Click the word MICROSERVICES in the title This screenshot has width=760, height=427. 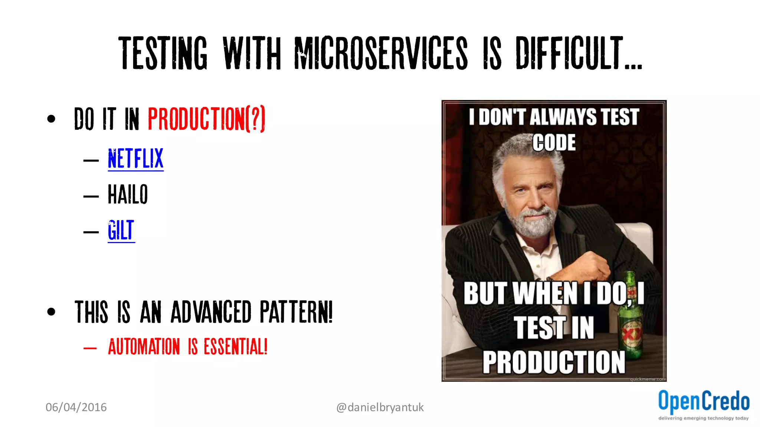(x=381, y=53)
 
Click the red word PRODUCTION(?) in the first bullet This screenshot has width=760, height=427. (x=206, y=119)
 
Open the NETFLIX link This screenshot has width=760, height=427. (x=135, y=159)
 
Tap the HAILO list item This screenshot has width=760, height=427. (x=128, y=194)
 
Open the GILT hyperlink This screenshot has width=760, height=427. (x=121, y=230)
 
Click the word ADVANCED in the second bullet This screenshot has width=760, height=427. (x=211, y=312)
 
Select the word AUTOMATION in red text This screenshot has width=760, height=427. (x=144, y=347)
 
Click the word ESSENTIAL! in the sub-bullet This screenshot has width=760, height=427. (x=235, y=347)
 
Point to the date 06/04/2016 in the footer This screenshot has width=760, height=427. (x=76, y=407)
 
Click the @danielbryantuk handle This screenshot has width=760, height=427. (x=380, y=407)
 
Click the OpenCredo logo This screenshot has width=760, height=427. (x=704, y=401)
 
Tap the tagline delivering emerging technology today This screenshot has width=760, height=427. (x=703, y=418)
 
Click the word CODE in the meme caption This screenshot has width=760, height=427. (x=554, y=143)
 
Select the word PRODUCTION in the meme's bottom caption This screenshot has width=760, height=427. (x=554, y=362)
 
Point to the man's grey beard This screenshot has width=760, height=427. (x=534, y=222)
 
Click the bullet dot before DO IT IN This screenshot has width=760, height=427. (x=51, y=119)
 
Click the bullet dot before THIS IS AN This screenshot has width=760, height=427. (x=51, y=312)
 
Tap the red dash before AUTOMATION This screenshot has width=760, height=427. (x=90, y=348)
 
